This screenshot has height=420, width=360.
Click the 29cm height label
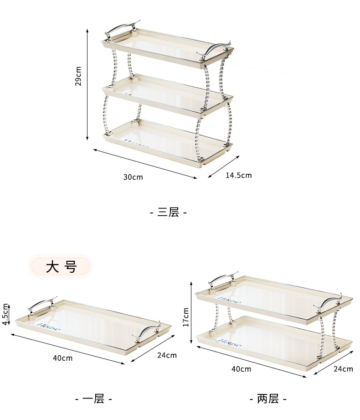pos(78,76)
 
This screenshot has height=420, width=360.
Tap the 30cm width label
pos(133,177)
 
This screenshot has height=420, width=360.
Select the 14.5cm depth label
pos(238,175)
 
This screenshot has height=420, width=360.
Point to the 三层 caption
pos(169,212)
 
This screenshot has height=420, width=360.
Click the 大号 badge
pos(61,266)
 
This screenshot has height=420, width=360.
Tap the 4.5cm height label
pos(5,314)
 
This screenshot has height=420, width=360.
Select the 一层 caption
pos(93,399)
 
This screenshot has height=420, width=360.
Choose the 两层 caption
pos(268,399)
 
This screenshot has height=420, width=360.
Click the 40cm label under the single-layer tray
pos(63,358)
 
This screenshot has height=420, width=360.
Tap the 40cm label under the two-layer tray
pos(241,369)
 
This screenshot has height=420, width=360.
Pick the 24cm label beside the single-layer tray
pos(167,355)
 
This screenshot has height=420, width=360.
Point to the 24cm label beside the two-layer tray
pos(344,369)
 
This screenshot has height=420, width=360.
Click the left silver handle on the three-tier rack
pos(121,29)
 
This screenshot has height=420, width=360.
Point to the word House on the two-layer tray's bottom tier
pos(229,342)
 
